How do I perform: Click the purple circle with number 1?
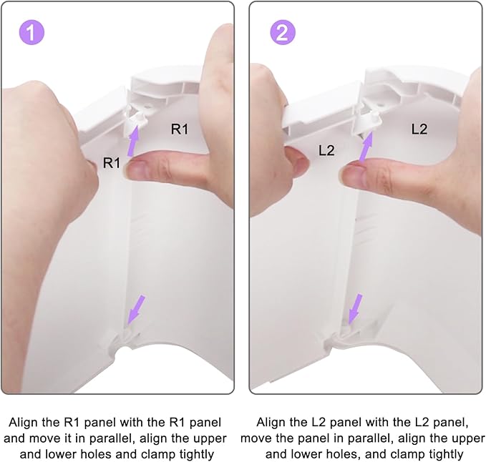[31, 32]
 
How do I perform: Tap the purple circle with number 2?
[282, 32]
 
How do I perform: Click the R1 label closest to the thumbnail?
[111, 162]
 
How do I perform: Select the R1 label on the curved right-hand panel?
[180, 129]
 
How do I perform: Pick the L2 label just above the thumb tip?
[326, 150]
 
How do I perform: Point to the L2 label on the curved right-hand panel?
[419, 129]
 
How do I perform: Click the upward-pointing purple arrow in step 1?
[134, 142]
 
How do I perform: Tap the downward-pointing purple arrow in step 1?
[136, 310]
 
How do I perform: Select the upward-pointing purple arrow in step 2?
[366, 146]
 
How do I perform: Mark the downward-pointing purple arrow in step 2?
[355, 309]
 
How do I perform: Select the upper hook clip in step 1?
[135, 119]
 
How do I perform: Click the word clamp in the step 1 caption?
[158, 454]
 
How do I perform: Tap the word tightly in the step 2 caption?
[446, 454]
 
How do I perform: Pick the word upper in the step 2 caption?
[465, 438]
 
